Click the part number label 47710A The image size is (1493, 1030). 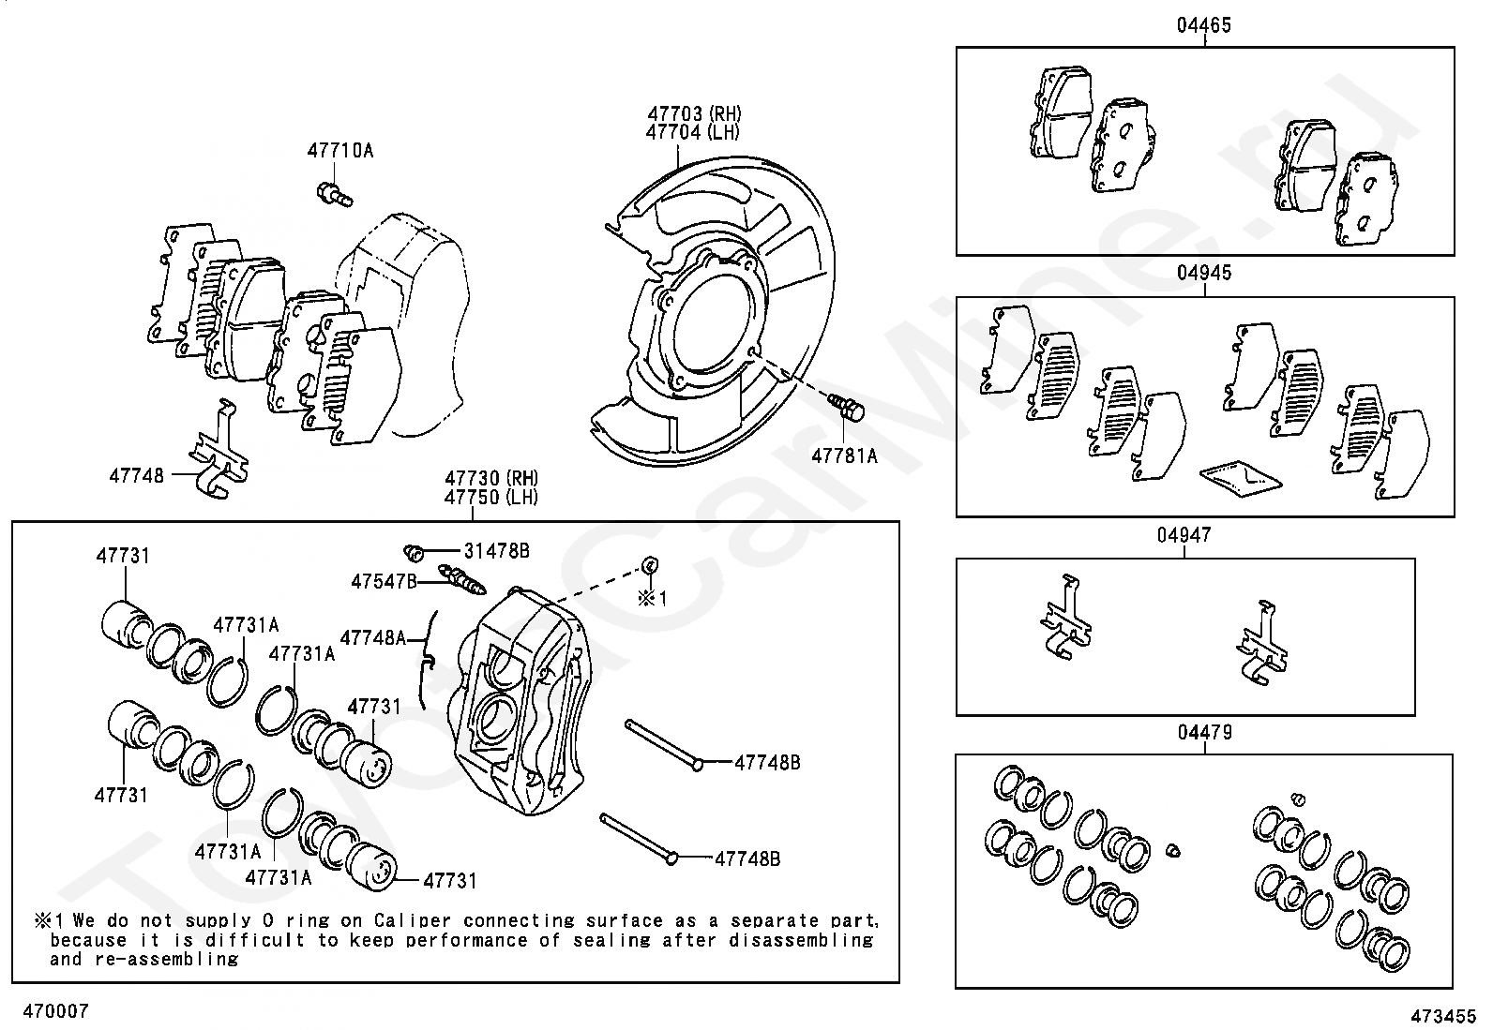[339, 150]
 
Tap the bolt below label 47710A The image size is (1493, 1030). [334, 193]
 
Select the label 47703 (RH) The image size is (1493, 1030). [693, 114]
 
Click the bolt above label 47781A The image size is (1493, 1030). [847, 408]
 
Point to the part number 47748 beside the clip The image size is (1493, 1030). [136, 475]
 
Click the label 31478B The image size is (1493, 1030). [497, 550]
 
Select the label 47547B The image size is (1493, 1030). [384, 581]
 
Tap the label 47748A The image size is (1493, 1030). [372, 638]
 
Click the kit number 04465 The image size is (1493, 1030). [1204, 25]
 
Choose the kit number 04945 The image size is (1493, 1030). [1204, 274]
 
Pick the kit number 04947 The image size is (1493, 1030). [1184, 535]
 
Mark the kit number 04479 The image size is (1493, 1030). [1204, 732]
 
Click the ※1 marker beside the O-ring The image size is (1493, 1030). [653, 598]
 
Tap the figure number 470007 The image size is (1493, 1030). [55, 1011]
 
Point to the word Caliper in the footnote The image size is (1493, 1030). [408, 921]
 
